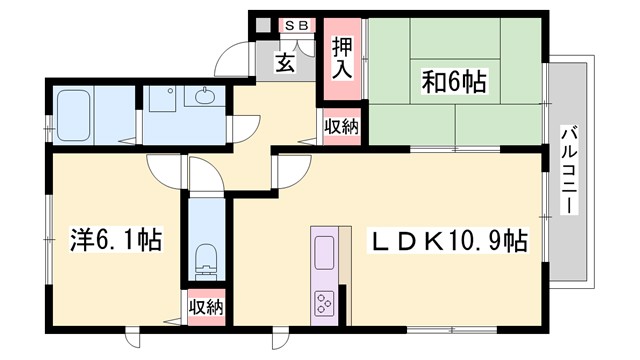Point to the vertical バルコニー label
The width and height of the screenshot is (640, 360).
pyautogui.click(x=567, y=168)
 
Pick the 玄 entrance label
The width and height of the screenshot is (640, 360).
pyautogui.click(x=285, y=63)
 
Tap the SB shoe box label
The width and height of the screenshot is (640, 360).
pyautogui.click(x=297, y=24)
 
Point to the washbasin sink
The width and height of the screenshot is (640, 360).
pyautogui.click(x=205, y=97)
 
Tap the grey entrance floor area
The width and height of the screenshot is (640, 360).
pyautogui.click(x=285, y=70)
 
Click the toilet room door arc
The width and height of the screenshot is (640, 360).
pyautogui.click(x=203, y=178)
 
